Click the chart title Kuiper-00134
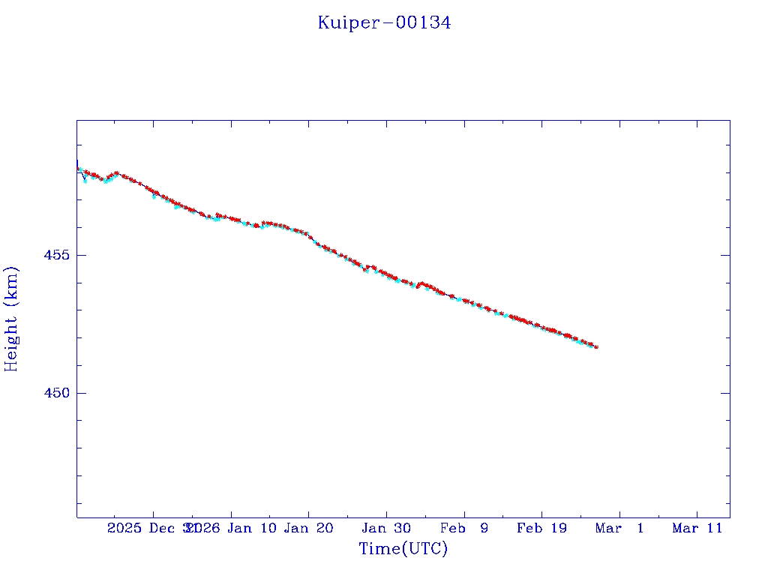tap(384, 23)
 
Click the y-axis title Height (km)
tap(11, 319)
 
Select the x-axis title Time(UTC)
tap(403, 549)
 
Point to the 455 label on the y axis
tap(56, 255)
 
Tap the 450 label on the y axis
tap(56, 393)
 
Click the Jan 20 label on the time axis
tap(308, 528)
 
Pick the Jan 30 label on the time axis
tap(386, 528)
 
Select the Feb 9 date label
tap(463, 528)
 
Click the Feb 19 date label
tap(541, 528)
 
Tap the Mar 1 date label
tap(619, 528)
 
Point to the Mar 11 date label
tap(697, 528)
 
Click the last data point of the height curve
tap(596, 346)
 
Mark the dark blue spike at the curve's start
tap(77, 163)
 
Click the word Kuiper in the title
tap(343, 23)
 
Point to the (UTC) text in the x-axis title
tap(424, 549)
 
